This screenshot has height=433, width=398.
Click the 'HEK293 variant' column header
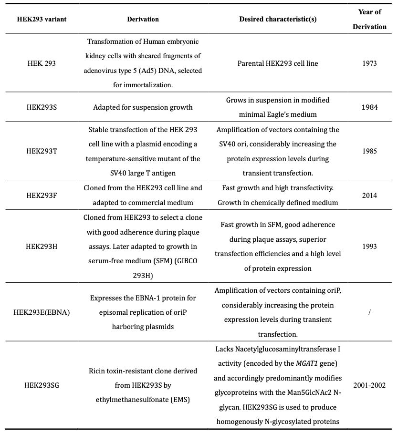click(x=42, y=20)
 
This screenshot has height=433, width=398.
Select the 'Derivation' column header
click(x=143, y=20)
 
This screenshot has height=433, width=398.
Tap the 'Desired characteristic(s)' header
click(x=278, y=20)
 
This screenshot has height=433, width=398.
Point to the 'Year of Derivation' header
click(x=369, y=20)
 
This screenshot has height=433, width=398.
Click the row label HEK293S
click(x=42, y=107)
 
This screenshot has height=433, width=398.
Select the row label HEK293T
click(x=42, y=151)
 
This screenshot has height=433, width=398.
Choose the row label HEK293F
click(x=42, y=195)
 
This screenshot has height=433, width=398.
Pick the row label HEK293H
click(x=42, y=247)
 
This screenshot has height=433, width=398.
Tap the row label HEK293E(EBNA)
click(x=42, y=312)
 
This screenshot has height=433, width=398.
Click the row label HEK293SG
click(x=42, y=385)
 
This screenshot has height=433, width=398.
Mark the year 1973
click(x=369, y=63)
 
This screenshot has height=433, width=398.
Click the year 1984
click(x=369, y=107)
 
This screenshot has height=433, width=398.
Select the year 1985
click(x=369, y=151)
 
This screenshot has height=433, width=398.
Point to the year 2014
click(x=369, y=195)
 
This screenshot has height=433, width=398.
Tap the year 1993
click(x=369, y=247)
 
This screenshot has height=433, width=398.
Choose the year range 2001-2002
click(x=369, y=385)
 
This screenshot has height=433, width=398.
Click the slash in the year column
click(x=369, y=312)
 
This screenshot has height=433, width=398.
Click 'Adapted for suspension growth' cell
click(x=143, y=107)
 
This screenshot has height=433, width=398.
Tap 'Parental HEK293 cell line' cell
click(x=278, y=63)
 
